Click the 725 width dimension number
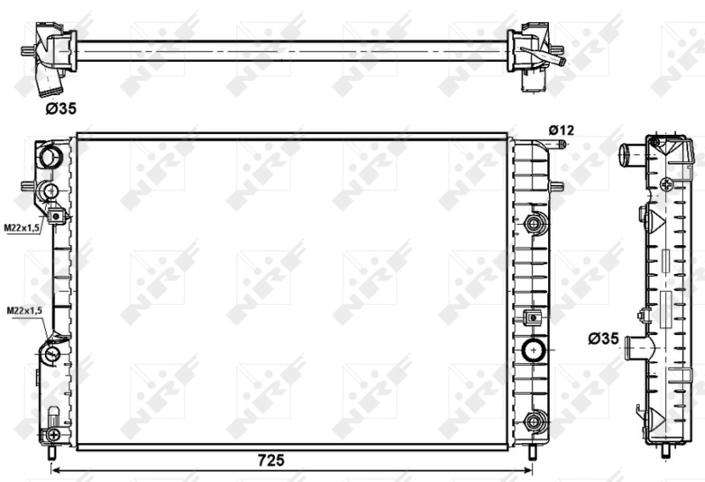(x=271, y=460)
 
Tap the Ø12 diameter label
(x=561, y=130)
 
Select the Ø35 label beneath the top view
(x=61, y=108)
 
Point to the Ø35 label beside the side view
(x=604, y=338)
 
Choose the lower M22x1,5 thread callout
(x=25, y=310)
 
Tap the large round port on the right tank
(x=534, y=349)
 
